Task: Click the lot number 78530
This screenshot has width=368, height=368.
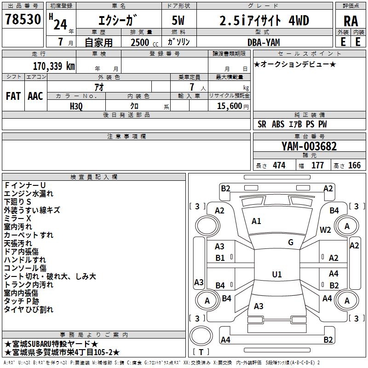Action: [x=23, y=21]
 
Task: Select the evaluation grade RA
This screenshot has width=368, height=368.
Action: [x=351, y=21]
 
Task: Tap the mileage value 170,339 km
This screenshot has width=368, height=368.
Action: [x=54, y=66]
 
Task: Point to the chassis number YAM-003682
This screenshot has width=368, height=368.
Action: [x=309, y=147]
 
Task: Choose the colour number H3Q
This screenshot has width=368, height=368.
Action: [x=76, y=106]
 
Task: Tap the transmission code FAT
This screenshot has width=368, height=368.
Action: [x=13, y=96]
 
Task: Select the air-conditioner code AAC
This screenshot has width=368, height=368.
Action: [x=35, y=96]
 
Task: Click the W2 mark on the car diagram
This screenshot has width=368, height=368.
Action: [x=326, y=230]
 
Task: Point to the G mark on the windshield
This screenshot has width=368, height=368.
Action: [x=291, y=242]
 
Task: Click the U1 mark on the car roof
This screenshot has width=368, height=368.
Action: [x=277, y=275]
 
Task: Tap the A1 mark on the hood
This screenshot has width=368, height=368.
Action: [x=256, y=221]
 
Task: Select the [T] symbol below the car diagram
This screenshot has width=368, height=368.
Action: [x=201, y=352]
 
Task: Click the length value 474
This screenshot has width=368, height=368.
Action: [x=279, y=166]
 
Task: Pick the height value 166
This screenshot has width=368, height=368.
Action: [x=354, y=166]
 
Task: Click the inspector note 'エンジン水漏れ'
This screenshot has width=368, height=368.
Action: [x=29, y=194]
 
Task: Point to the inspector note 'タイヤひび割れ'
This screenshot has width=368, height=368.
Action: [x=29, y=310]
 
